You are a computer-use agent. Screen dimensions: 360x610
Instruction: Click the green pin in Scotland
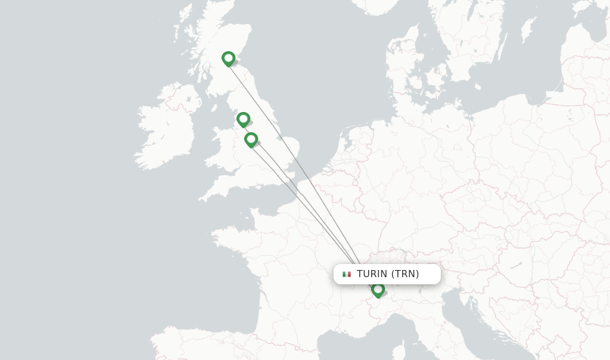pyautogui.click(x=228, y=58)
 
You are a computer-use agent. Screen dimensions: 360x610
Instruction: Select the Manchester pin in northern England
pyautogui.click(x=243, y=119)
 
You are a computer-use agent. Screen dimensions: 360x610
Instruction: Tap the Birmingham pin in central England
pyautogui.click(x=251, y=139)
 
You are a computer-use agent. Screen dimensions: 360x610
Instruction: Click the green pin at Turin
pyautogui.click(x=378, y=290)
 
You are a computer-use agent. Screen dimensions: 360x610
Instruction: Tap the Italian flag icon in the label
pyautogui.click(x=347, y=274)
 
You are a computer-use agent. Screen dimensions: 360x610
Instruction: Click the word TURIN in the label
pyautogui.click(x=372, y=274)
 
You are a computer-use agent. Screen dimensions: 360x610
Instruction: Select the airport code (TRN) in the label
pyautogui.click(x=405, y=274)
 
